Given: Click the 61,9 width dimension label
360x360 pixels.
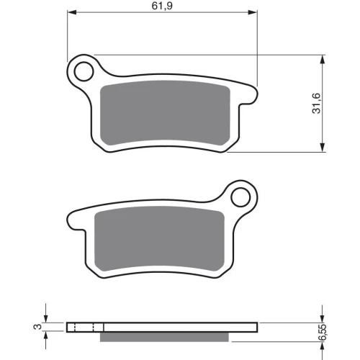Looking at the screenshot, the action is click(x=162, y=6).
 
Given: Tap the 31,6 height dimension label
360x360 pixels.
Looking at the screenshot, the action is click(x=317, y=103).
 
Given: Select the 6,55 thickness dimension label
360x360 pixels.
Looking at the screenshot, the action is click(x=323, y=332).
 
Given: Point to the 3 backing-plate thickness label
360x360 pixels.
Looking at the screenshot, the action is click(x=37, y=327).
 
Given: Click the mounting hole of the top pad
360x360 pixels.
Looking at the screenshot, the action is click(x=84, y=71).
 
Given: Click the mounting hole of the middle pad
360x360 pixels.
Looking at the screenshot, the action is click(x=240, y=197).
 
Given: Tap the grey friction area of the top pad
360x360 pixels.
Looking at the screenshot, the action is click(x=165, y=113).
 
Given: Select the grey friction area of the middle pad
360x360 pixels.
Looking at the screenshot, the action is click(x=160, y=238).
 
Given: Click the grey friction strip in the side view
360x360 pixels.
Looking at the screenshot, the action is click(x=164, y=337).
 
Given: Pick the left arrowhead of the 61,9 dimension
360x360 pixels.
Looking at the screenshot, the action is click(x=71, y=12).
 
